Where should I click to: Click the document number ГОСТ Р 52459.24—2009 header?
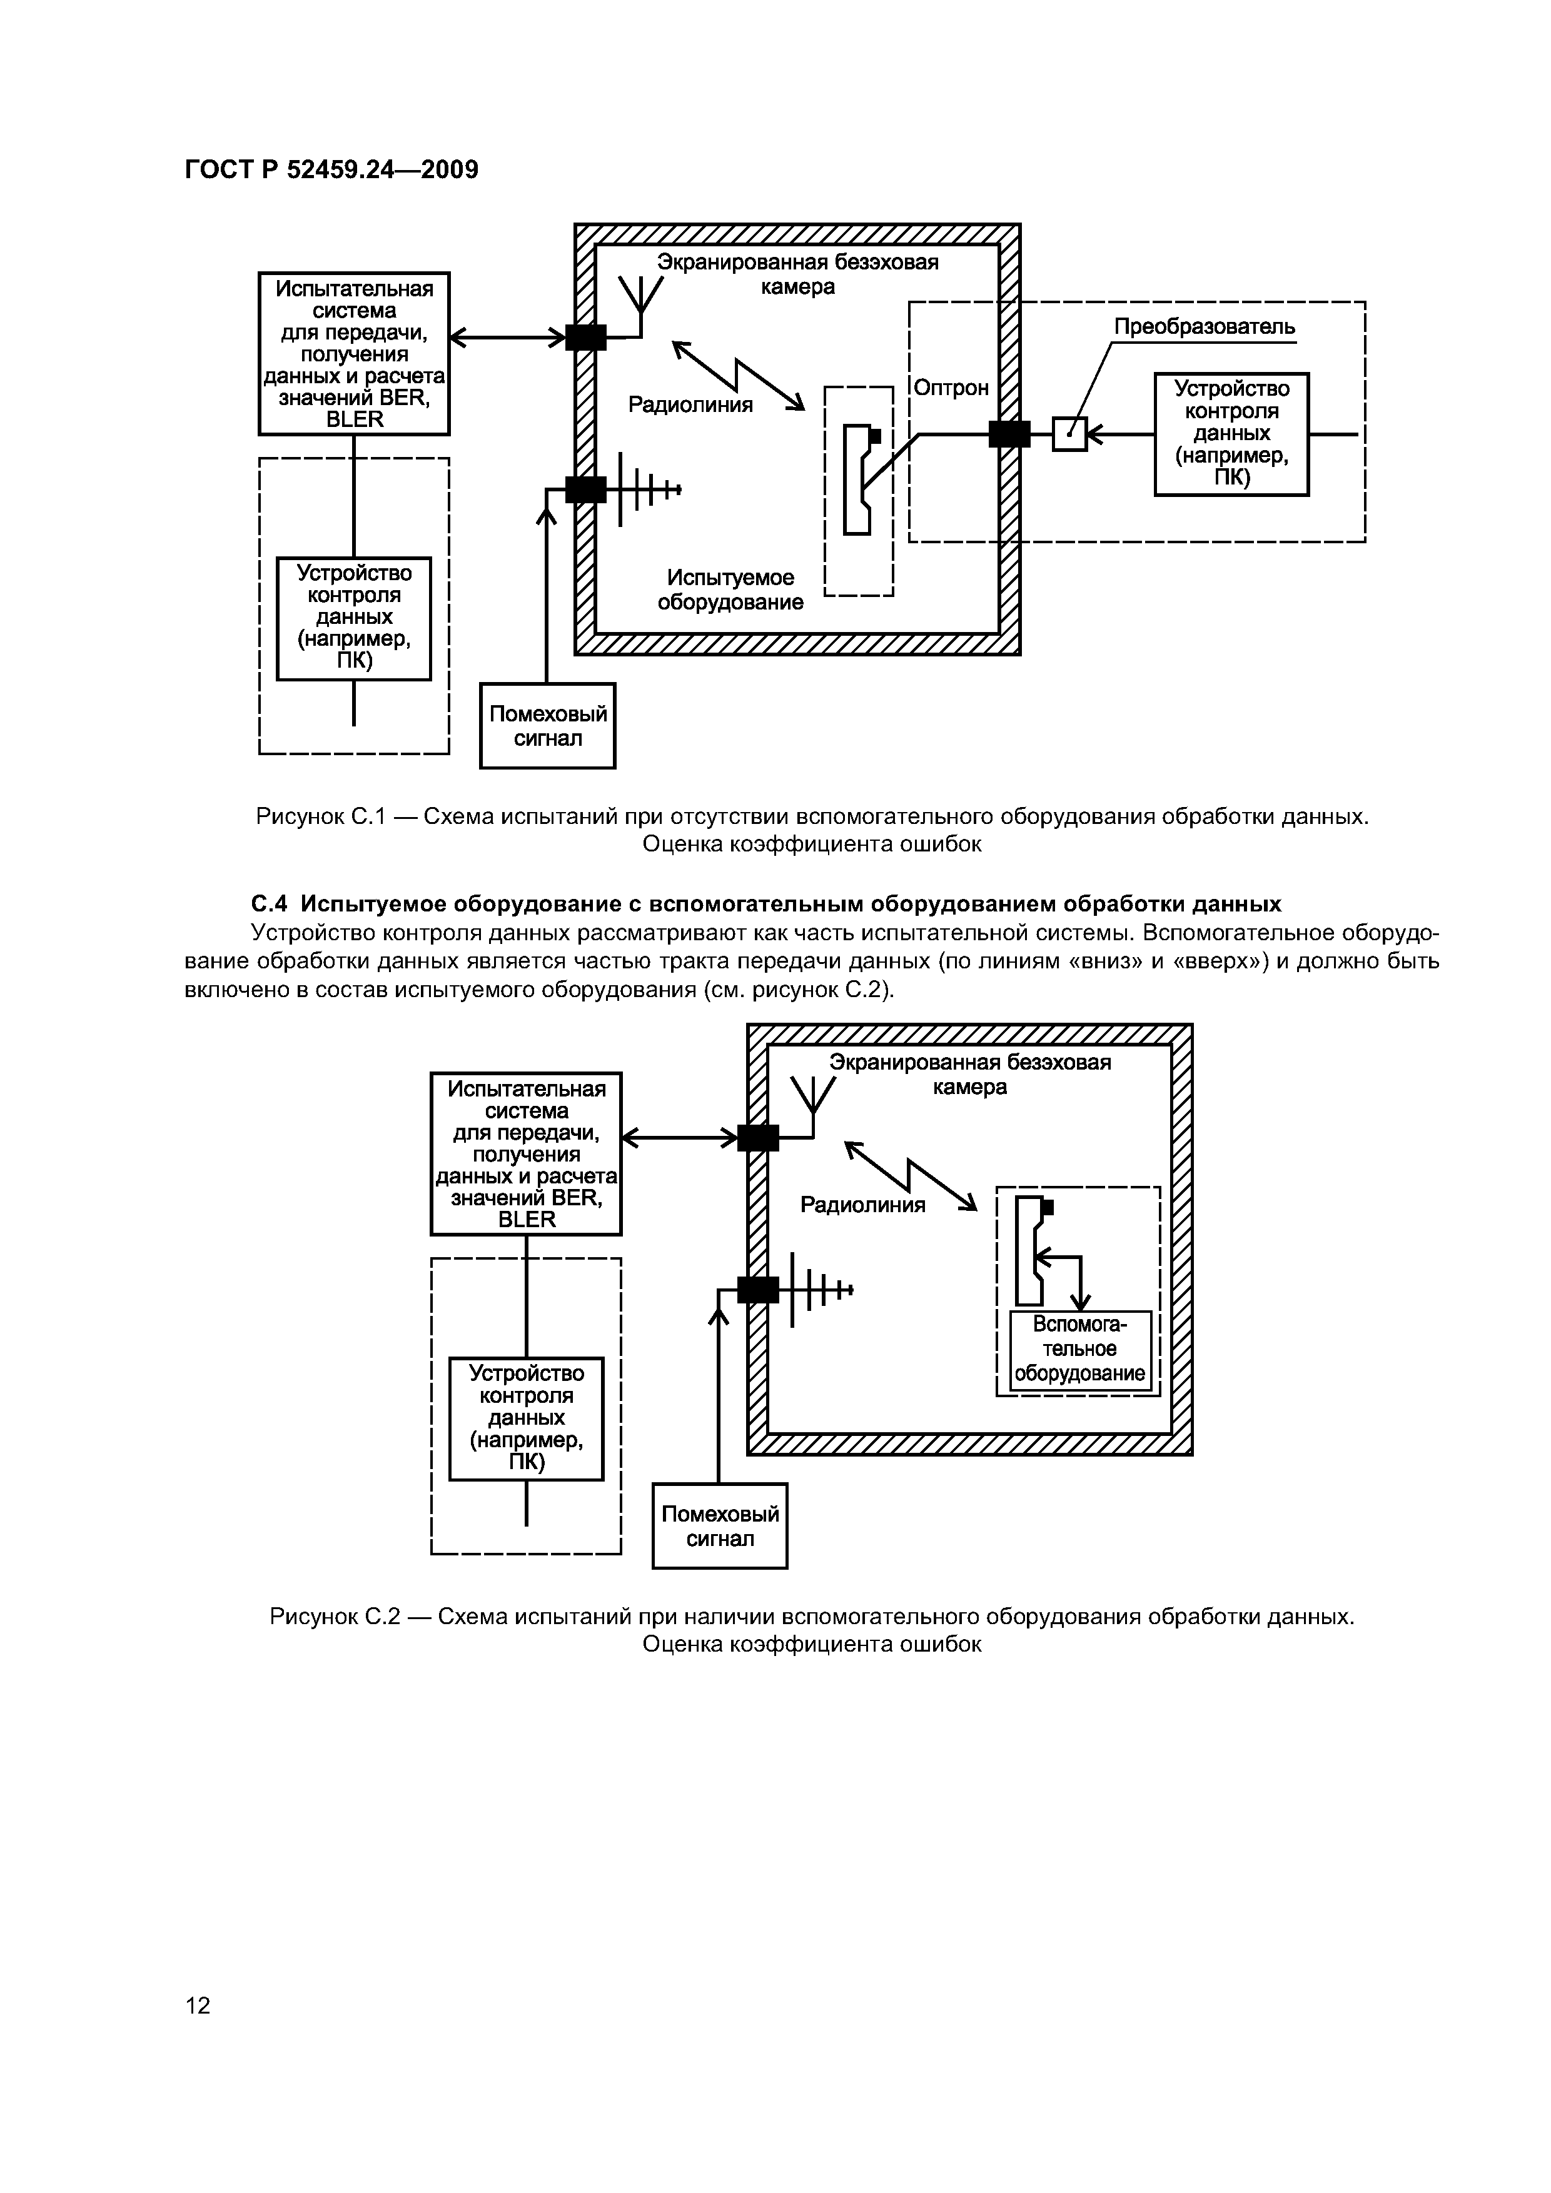click(331, 170)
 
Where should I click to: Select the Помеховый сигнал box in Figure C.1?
click(548, 726)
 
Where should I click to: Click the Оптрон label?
click(951, 388)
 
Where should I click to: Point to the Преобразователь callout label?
click(1204, 327)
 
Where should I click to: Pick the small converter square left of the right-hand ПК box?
click(1069, 434)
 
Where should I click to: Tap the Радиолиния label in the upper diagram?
click(690, 405)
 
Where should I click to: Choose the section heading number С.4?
click(268, 903)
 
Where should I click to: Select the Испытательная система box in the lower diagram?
click(527, 1155)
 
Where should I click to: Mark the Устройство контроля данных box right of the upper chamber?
click(1231, 434)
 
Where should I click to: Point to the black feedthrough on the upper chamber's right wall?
click(1009, 434)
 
